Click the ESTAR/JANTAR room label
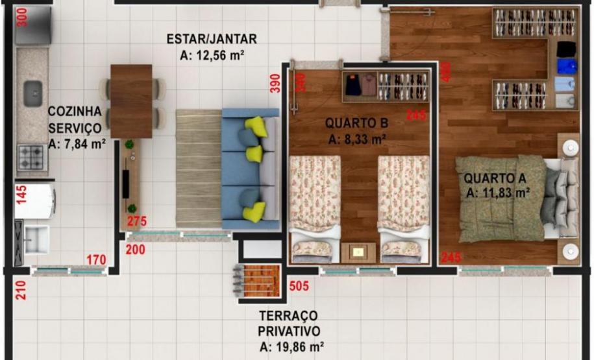[212, 39]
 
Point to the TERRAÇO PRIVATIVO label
[288, 322]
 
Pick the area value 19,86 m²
[292, 346]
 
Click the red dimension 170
[96, 261]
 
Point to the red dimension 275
[136, 222]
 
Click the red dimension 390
[275, 83]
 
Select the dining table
[131, 101]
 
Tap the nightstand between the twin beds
[358, 251]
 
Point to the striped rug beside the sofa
[198, 167]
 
